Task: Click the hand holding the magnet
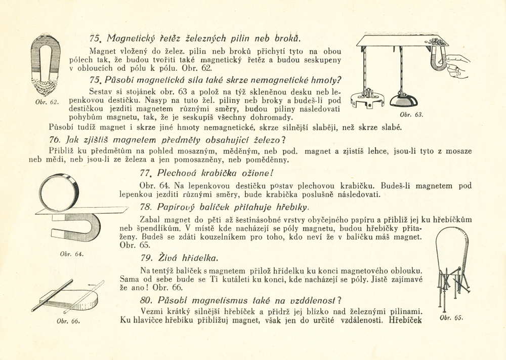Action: coord(458,58)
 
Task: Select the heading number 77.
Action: coord(147,172)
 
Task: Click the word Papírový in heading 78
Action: coord(178,208)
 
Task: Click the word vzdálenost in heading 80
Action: coord(313,299)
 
